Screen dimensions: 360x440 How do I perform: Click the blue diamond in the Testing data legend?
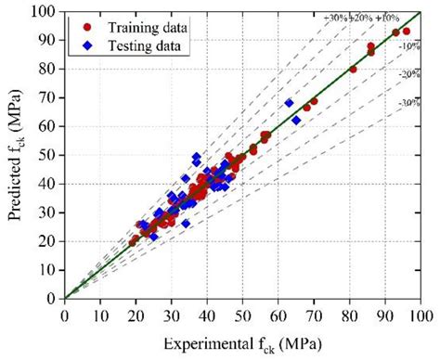point(87,42)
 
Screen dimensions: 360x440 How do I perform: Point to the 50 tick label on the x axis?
point(242,315)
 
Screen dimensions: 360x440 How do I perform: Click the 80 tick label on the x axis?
point(350,315)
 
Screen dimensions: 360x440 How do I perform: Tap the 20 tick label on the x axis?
point(136,315)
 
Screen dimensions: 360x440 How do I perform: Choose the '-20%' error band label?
point(408,73)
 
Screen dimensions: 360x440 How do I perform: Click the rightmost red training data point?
point(407,31)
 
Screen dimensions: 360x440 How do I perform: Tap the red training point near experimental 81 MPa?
point(353,70)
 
